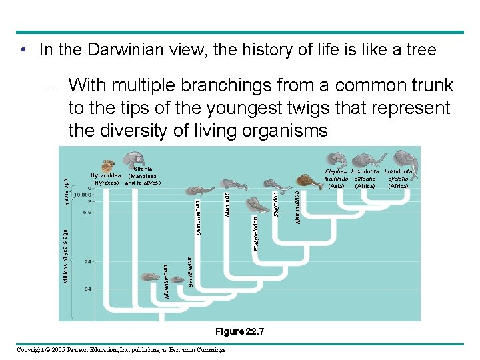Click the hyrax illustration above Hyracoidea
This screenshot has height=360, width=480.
click(107, 165)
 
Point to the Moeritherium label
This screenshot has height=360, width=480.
click(167, 281)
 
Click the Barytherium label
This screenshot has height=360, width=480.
click(190, 272)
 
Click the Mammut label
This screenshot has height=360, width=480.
click(227, 204)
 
